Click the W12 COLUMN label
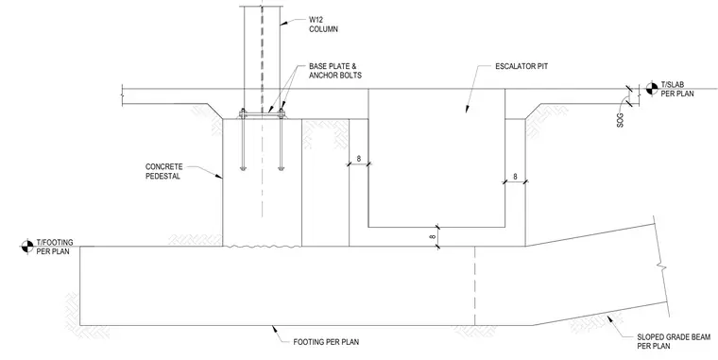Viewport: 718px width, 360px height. [x=323, y=25]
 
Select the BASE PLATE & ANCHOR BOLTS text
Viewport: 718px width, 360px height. [x=335, y=71]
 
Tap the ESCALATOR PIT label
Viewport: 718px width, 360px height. [x=521, y=66]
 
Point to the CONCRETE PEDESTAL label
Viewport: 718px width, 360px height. [x=164, y=171]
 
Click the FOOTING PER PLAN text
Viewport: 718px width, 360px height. [x=326, y=342]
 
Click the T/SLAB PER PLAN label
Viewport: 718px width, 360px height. [x=676, y=90]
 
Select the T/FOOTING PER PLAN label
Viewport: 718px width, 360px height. [x=55, y=247]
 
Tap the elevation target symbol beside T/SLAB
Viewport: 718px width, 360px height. [x=652, y=89]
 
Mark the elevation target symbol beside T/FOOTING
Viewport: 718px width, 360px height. [x=27, y=247]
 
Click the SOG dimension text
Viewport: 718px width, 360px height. [x=621, y=120]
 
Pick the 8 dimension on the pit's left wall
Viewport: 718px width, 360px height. [x=359, y=159]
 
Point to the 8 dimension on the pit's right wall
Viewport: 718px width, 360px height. [x=515, y=177]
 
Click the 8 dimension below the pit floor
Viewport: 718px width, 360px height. [x=433, y=237]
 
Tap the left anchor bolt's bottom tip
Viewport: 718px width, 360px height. [x=243, y=170]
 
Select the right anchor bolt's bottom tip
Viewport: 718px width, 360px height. [x=282, y=170]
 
